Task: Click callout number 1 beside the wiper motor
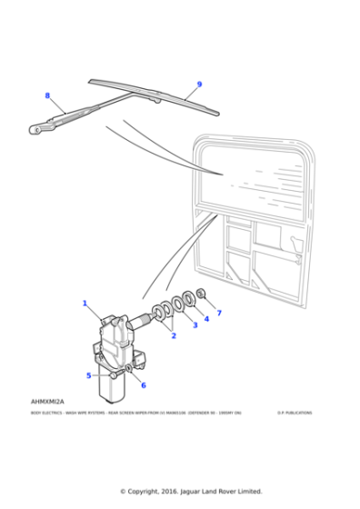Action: (x=85, y=303)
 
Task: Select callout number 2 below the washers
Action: (x=173, y=335)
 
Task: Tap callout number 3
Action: (x=194, y=324)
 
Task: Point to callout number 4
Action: (x=206, y=318)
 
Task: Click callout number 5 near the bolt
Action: (x=89, y=374)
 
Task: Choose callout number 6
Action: (x=143, y=384)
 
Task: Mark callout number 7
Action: (x=218, y=313)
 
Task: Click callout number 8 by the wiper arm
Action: (x=47, y=95)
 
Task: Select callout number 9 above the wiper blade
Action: (x=199, y=85)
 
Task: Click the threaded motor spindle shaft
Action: (x=144, y=318)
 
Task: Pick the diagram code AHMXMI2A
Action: (x=47, y=401)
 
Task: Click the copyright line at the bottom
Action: (x=191, y=491)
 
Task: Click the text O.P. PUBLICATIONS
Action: (x=295, y=412)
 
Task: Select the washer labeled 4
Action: (x=188, y=298)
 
